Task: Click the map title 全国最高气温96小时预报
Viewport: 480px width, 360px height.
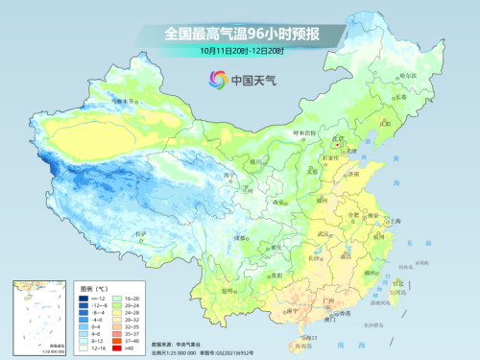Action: pyautogui.click(x=241, y=34)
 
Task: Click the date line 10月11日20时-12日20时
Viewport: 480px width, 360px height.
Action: pyautogui.click(x=241, y=49)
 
